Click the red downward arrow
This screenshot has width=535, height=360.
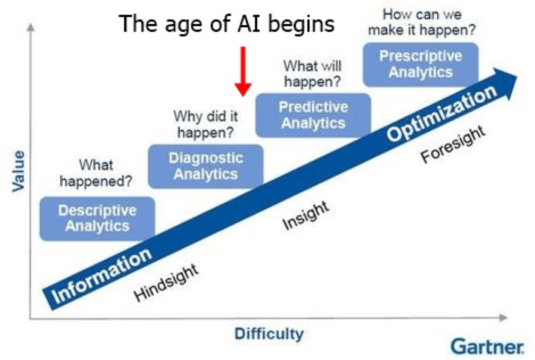(243, 71)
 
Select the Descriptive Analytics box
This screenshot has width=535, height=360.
(97, 219)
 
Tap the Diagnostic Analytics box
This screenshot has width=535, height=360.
(205, 166)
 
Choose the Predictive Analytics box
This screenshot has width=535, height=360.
(313, 115)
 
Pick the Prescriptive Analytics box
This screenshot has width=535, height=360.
(421, 64)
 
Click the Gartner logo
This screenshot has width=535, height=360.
(487, 347)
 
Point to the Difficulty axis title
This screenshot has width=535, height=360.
(269, 333)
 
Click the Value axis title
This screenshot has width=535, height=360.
(18, 171)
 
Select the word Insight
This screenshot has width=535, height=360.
(306, 216)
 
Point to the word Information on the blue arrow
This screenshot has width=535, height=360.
(101, 276)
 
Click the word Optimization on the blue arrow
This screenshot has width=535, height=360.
(442, 113)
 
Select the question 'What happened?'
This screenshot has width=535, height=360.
(96, 173)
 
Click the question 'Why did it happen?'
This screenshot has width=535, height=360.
(205, 124)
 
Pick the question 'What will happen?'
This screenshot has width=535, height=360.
(312, 73)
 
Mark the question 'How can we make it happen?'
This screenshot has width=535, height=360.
(422, 22)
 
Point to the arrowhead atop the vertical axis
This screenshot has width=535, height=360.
(31, 27)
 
